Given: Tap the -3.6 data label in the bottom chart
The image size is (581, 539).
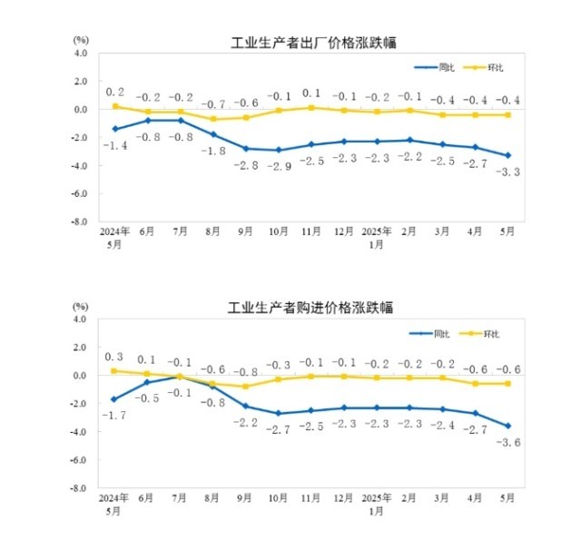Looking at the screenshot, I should click(507, 442).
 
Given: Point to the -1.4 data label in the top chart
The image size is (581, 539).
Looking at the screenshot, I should click(115, 145).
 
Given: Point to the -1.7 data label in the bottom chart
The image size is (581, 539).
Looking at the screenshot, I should click(115, 416).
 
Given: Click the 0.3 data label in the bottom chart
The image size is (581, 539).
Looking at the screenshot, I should click(115, 357).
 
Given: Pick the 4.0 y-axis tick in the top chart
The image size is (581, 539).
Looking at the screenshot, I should click(81, 54).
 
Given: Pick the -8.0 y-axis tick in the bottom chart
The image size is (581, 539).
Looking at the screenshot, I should click(79, 488).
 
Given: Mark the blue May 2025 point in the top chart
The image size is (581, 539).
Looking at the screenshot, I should click(507, 156).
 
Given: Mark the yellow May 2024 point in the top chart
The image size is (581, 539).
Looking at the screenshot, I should click(115, 106).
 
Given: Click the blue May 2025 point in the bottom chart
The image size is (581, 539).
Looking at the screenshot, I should click(507, 426).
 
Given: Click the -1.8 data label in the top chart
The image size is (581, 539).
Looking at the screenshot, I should click(214, 151).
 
